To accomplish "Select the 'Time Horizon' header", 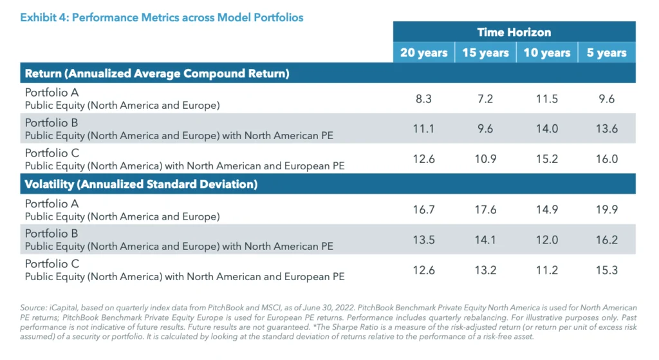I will [x=514, y=32].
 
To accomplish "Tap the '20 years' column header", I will [x=423, y=53].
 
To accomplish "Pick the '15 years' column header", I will [x=485, y=53].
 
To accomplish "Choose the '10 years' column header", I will [x=546, y=53].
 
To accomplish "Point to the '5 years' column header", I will [x=606, y=53].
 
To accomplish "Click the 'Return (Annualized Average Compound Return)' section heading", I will [x=157, y=73].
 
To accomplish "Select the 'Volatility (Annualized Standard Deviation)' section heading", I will [x=141, y=184].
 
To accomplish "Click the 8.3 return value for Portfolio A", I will [x=423, y=99].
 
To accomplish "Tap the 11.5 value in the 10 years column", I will [x=546, y=99].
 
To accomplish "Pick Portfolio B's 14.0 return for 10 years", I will [x=546, y=129].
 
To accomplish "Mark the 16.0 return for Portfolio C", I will [x=606, y=158].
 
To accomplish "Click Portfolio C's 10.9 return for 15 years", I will [x=485, y=158].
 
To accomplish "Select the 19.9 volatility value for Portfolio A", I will [x=606, y=210].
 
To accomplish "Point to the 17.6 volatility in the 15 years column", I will [x=485, y=210].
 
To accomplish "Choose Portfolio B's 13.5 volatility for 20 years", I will [x=423, y=240].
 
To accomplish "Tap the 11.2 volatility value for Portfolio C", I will [x=546, y=270].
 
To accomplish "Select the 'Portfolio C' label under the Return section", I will [x=51, y=153].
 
